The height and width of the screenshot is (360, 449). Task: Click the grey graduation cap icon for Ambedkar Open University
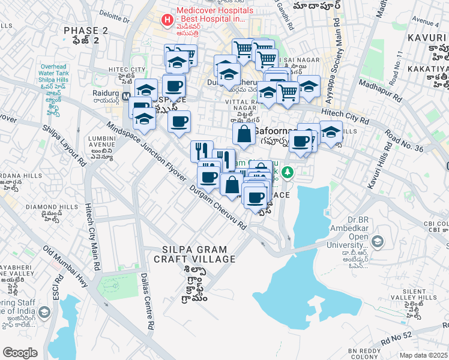[377, 242]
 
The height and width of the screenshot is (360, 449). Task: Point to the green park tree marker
[288, 173]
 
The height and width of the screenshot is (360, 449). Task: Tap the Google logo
[20, 353]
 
